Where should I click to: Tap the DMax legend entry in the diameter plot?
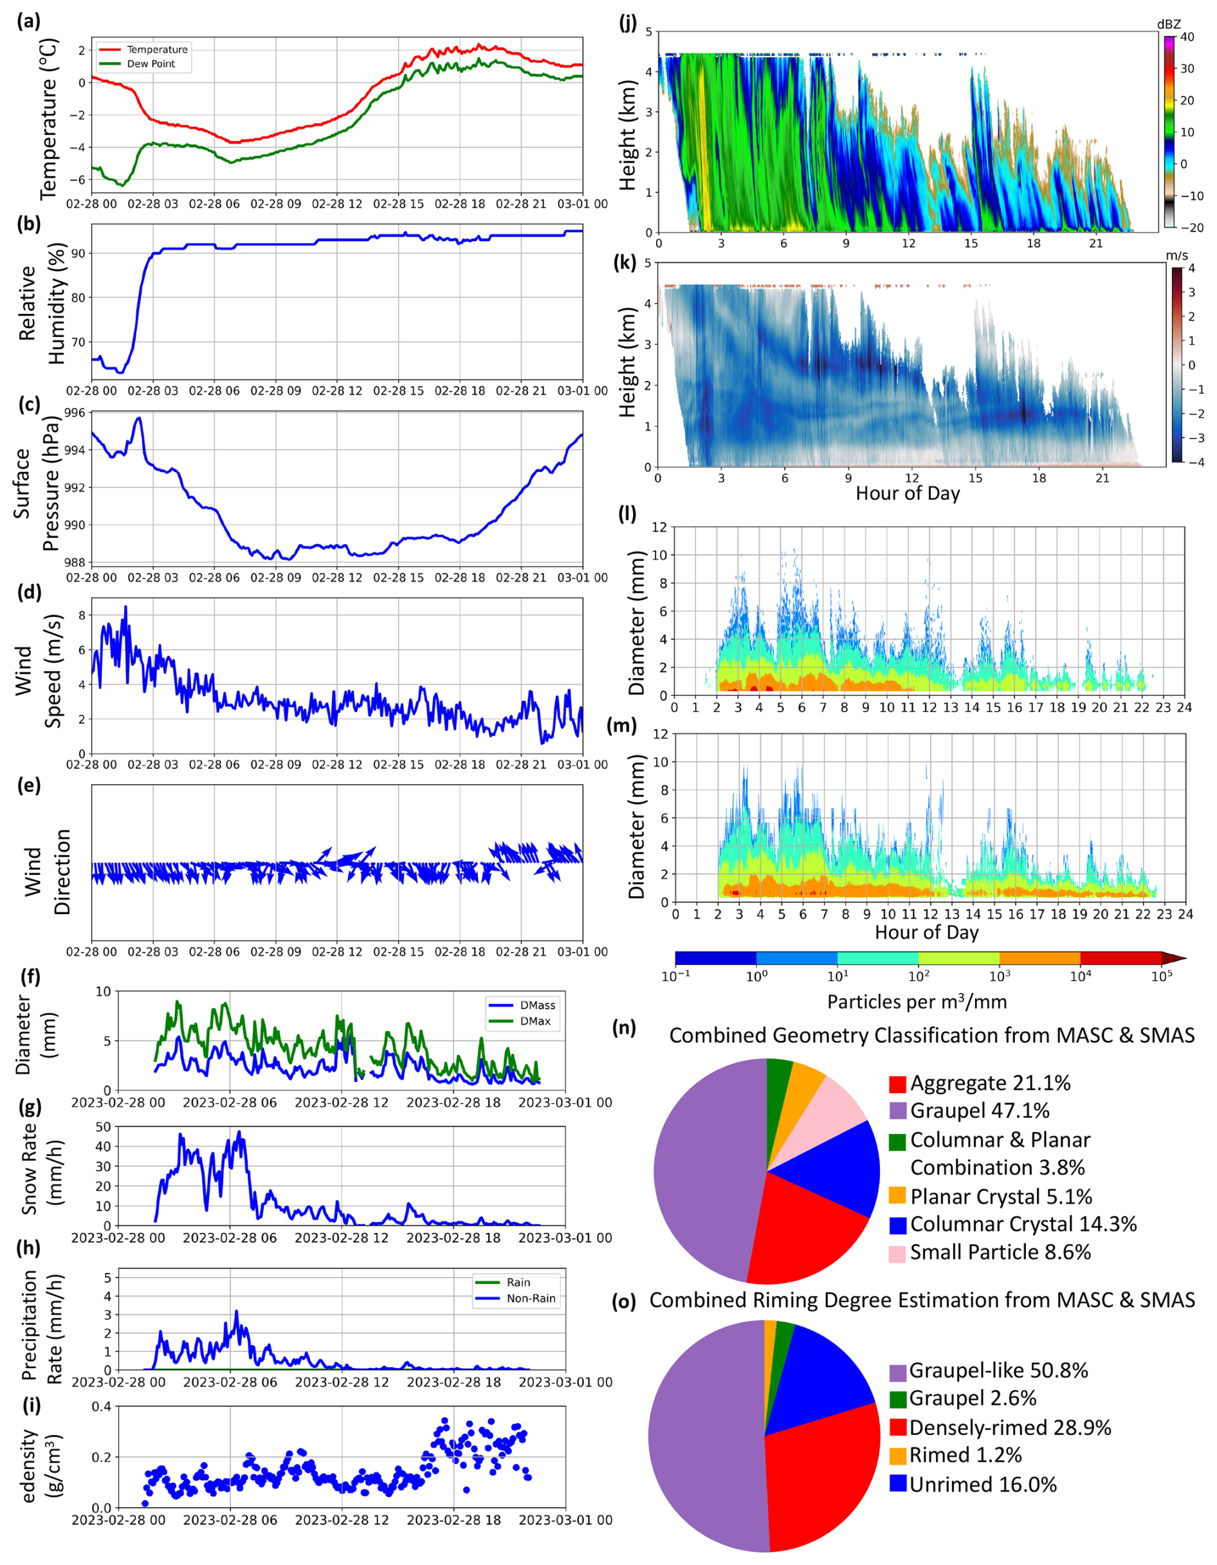[x=535, y=1021]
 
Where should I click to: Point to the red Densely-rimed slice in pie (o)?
[x=817, y=1476]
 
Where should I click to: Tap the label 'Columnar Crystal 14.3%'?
[x=1023, y=1225]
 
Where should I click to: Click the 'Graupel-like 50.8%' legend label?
[x=998, y=1371]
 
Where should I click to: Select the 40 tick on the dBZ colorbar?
[x=1187, y=37]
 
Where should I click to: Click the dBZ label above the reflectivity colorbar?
[x=1168, y=24]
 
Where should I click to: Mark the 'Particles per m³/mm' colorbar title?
[x=917, y=1002]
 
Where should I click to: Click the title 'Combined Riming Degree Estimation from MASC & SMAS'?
[x=922, y=1300]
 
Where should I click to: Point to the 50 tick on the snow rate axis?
[x=103, y=1127]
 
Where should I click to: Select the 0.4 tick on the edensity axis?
[x=101, y=1407]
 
